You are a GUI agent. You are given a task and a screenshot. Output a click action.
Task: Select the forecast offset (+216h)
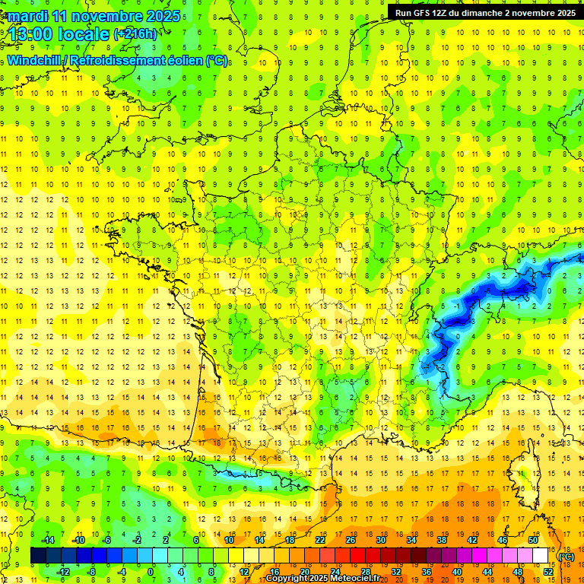135,33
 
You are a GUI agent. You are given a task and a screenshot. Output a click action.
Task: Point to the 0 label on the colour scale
151,571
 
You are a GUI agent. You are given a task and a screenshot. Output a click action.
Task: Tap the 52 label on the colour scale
547,571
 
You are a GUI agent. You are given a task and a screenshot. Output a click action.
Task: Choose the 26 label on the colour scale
351,540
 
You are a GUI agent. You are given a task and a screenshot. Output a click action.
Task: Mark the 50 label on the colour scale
532,540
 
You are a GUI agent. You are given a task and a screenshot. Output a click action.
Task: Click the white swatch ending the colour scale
541,556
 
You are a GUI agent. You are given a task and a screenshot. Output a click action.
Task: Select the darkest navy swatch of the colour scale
38,556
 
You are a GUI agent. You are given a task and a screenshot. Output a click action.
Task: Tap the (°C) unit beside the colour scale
566,557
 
